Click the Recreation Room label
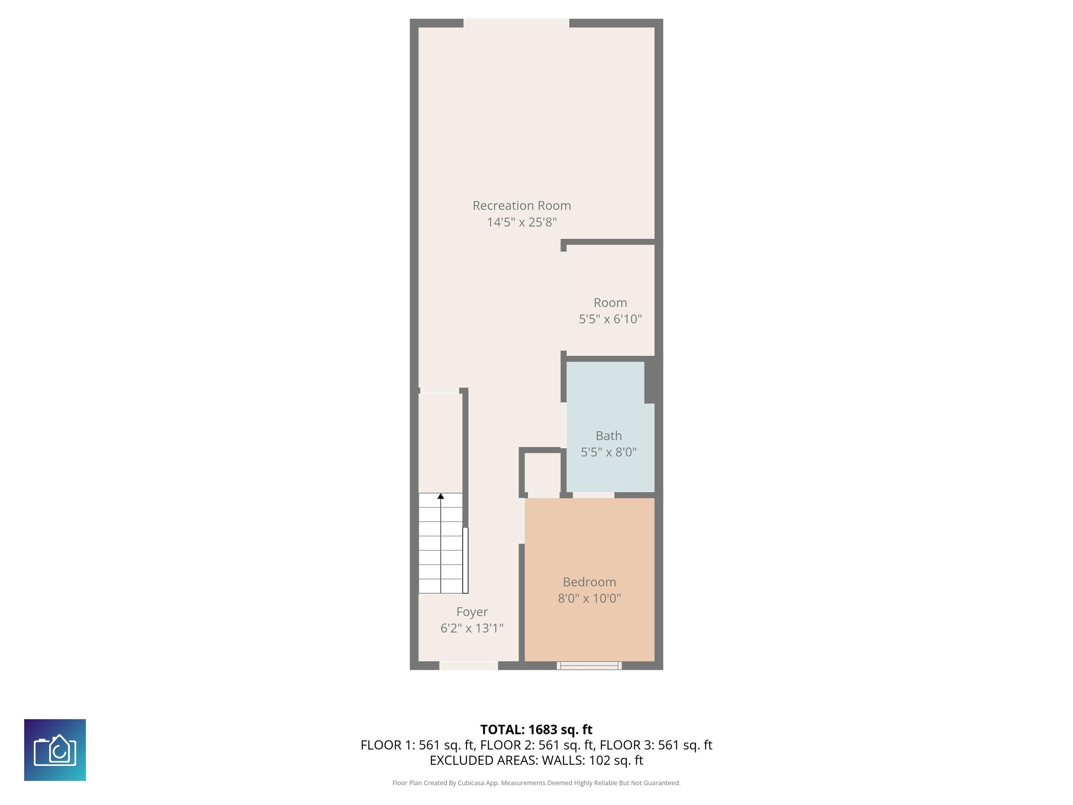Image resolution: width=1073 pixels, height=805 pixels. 521,206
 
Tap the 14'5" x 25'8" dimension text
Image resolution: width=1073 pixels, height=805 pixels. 521,222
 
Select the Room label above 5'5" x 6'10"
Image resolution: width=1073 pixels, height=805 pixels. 610,303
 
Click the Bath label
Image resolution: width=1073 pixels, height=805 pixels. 608,436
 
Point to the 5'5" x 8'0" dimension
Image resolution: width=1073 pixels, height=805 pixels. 608,452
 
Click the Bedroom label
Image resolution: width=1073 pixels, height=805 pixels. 589,582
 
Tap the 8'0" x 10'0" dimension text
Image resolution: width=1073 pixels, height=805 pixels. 589,598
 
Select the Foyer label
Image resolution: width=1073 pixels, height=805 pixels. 472,612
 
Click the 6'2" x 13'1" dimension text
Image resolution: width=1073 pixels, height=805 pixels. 472,628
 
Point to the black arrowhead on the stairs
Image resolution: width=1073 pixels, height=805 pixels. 440,496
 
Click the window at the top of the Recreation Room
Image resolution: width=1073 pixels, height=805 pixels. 516,23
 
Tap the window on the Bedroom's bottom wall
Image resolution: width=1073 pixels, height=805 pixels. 589,666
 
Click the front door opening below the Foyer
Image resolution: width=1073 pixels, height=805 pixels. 469,666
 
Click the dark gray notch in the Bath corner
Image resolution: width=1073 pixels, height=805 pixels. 650,382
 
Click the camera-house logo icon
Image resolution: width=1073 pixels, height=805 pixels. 55,750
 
